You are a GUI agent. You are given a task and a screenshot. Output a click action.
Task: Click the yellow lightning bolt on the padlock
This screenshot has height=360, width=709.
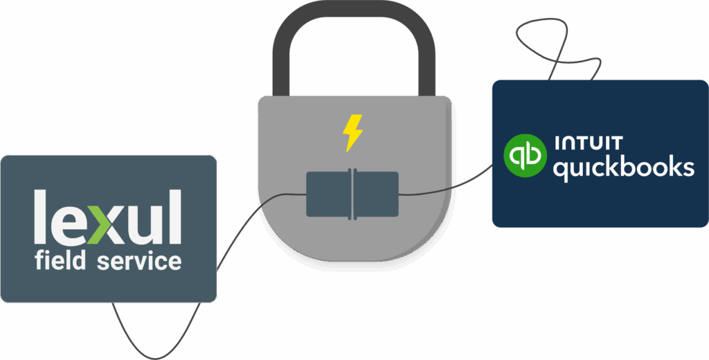pos(353,133)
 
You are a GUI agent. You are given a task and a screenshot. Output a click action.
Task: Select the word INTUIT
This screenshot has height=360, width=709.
pos(589,143)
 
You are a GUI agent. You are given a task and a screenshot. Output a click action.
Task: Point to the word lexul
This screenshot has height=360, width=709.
pos(108,218)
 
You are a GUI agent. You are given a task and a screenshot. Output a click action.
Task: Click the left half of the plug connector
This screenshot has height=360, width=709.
pos(329,195)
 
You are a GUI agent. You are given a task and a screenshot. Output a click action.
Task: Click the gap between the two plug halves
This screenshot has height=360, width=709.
pos(352,195)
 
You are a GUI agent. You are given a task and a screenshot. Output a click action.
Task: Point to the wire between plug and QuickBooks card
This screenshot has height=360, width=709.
pos(443,188)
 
